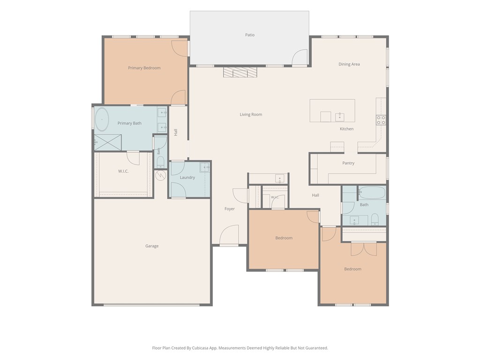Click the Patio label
250,35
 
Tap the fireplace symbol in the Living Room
240,72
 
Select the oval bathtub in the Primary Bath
102,120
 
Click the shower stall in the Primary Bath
108,142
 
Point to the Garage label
152,246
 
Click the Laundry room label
187,177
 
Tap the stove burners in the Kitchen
381,120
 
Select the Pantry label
348,163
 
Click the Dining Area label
349,64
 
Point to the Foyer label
230,209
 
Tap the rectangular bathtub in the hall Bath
372,193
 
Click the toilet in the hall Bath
375,219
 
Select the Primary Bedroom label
144,68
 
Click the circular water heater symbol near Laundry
161,175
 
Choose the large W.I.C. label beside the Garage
123,171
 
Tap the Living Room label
251,114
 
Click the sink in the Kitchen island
339,117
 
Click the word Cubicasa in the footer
201,348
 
